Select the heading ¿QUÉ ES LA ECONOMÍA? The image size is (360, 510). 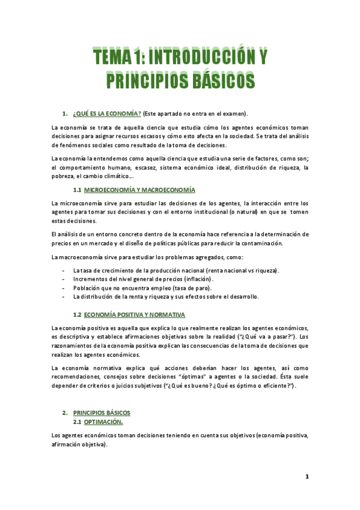coord(107,114)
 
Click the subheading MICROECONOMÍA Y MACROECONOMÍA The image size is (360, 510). coord(139,190)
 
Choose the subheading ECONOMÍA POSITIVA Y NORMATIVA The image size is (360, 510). coord(135,315)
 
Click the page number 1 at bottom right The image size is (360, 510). coord(307,477)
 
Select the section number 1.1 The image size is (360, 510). coord(78,190)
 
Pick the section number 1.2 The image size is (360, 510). coord(78,315)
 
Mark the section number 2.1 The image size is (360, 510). coord(78,422)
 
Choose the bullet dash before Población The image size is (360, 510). coord(63,288)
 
